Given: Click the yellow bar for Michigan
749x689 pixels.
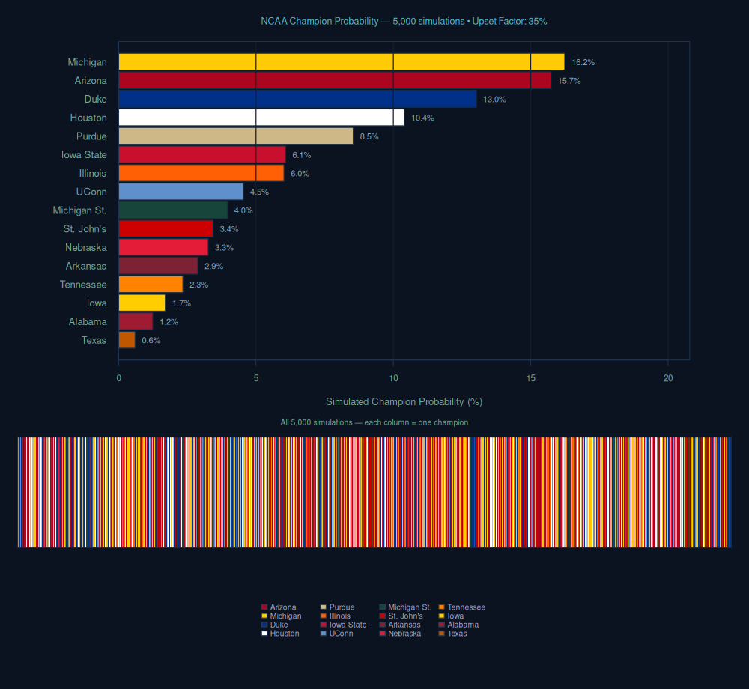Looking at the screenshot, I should pyautogui.click(x=341, y=62).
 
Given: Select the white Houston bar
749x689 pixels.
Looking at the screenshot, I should pyautogui.click(x=261, y=118).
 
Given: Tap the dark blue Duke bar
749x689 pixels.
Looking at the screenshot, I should pyautogui.click(x=297, y=99).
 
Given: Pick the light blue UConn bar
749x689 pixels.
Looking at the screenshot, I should pyautogui.click(x=181, y=192).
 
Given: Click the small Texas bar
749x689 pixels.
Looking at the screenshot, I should pyautogui.click(x=127, y=340).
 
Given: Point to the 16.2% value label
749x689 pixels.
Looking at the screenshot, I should pyautogui.click(x=583, y=62).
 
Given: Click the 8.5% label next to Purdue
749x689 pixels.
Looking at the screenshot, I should pyautogui.click(x=369, y=136).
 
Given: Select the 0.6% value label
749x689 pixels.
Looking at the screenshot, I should pyautogui.click(x=151, y=340).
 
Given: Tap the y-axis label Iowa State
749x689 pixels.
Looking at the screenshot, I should pyautogui.click(x=84, y=155).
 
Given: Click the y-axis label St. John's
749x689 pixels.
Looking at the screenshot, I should pyautogui.click(x=85, y=229).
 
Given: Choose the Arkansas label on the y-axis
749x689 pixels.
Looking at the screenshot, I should pyautogui.click(x=86, y=266).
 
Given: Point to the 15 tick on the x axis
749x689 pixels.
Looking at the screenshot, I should pyautogui.click(x=530, y=379).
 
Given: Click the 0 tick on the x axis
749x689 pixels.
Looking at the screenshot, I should pyautogui.click(x=118, y=379).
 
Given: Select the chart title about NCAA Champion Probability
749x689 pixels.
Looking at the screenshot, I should pyautogui.click(x=404, y=21).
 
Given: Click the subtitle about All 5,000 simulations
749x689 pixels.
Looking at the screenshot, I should pyautogui.click(x=374, y=422).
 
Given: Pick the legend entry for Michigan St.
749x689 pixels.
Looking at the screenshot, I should pyautogui.click(x=409, y=607).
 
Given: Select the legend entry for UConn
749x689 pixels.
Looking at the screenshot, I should pyautogui.click(x=341, y=634).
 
